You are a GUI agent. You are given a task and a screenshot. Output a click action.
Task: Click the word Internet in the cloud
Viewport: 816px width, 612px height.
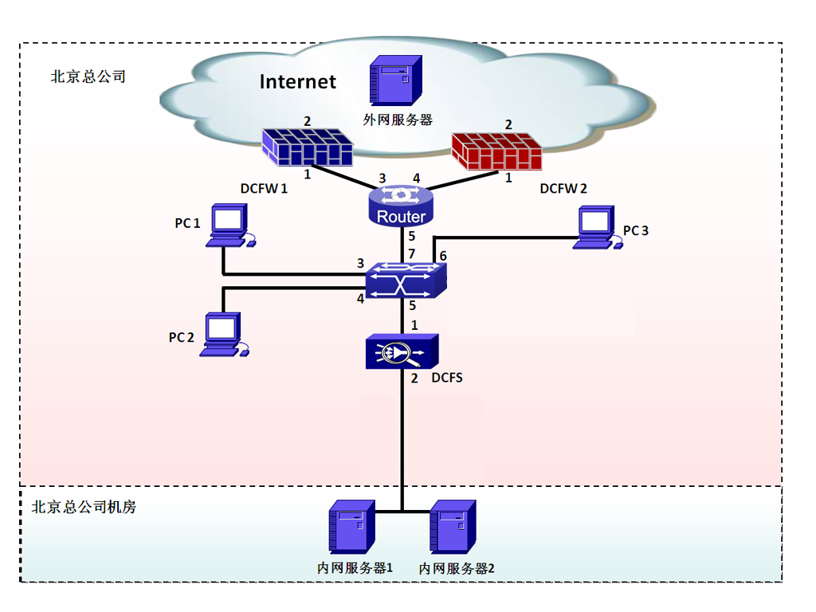click(298, 81)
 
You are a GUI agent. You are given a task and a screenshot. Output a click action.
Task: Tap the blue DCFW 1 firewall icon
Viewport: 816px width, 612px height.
click(308, 148)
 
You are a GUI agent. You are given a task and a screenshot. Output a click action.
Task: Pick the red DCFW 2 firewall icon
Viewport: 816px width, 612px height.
click(496, 151)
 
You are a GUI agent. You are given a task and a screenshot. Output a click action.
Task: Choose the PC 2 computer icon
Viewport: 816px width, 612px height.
click(224, 333)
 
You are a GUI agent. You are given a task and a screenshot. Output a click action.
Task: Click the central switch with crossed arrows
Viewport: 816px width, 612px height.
click(406, 280)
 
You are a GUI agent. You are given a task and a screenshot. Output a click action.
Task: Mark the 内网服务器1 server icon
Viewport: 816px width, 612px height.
click(351, 528)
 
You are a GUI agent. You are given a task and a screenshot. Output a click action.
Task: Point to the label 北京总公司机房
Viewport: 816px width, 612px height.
click(84, 507)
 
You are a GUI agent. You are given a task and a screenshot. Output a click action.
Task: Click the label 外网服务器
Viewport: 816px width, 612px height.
click(398, 120)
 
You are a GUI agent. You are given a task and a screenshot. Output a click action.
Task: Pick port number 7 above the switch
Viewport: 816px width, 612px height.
click(412, 253)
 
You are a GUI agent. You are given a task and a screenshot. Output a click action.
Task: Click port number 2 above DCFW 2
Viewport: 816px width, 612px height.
click(508, 124)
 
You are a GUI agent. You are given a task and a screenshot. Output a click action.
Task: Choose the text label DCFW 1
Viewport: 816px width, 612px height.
click(264, 189)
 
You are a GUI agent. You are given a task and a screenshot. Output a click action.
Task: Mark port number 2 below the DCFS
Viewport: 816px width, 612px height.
click(414, 379)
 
